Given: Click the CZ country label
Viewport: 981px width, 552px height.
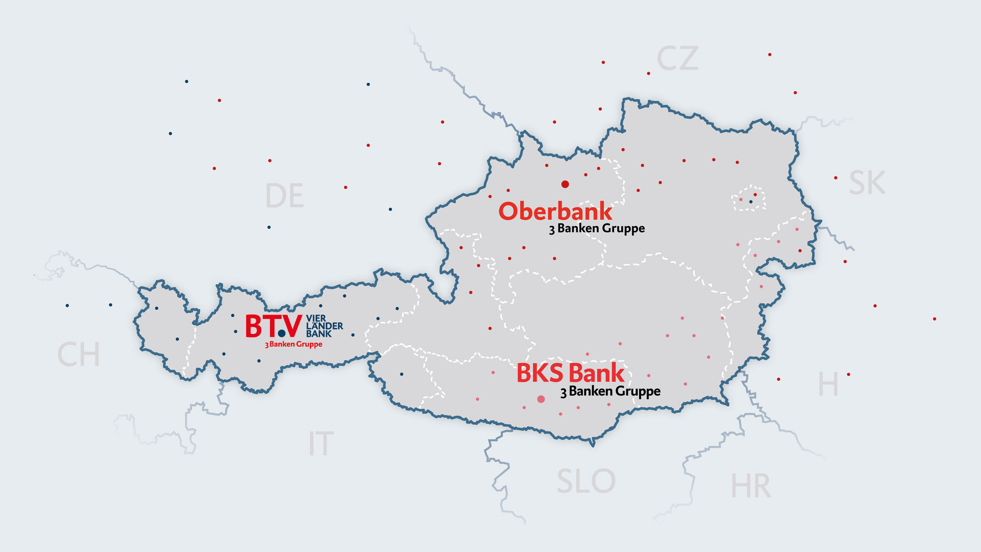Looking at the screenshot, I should [x=677, y=59].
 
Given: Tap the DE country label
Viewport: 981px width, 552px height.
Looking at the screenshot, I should [x=285, y=196].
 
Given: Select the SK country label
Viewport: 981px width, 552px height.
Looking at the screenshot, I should [x=867, y=183].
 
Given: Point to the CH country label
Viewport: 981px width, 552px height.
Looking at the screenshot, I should [x=78, y=355].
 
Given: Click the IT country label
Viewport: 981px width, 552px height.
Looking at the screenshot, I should [x=321, y=444].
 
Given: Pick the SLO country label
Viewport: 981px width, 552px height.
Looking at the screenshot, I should [x=586, y=481].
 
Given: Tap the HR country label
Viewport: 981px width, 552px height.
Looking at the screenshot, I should [x=750, y=486].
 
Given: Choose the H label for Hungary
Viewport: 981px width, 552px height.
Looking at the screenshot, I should [x=828, y=384].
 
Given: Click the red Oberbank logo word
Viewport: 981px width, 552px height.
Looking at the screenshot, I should [x=555, y=211].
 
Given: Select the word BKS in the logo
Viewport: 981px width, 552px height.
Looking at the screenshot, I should [x=540, y=373].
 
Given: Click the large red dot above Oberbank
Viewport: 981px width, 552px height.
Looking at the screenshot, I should [x=565, y=184].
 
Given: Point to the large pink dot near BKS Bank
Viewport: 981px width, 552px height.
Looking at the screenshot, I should [x=541, y=399].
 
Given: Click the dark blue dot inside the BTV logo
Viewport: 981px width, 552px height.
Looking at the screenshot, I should [x=282, y=334].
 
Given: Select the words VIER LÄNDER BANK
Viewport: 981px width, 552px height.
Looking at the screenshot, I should [x=324, y=326].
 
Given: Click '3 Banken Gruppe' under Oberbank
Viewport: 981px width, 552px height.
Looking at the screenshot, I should [x=597, y=228].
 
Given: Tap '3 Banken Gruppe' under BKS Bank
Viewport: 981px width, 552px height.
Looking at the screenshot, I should [x=610, y=392].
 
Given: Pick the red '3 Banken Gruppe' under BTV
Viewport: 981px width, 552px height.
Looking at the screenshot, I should [x=293, y=344].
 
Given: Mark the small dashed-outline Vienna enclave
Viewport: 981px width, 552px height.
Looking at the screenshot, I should [x=749, y=198].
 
